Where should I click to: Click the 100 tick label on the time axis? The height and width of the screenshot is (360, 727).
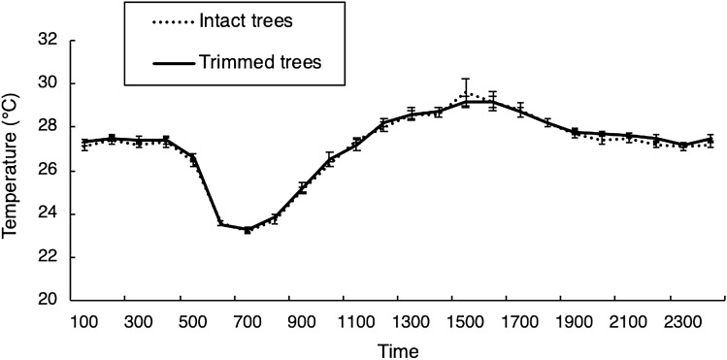[x=84, y=319]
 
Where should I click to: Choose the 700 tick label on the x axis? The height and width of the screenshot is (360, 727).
[x=248, y=319]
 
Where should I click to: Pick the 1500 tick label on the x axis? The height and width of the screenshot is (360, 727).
[x=466, y=319]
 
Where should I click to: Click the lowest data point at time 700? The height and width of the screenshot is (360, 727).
[x=248, y=230]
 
